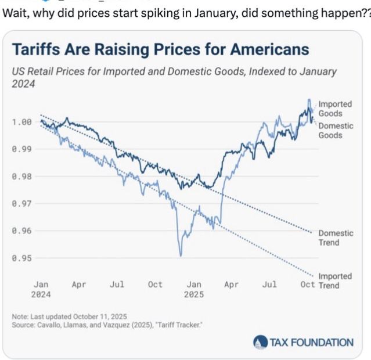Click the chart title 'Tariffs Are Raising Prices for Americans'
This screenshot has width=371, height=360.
click(x=160, y=49)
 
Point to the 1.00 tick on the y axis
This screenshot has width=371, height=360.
click(x=22, y=122)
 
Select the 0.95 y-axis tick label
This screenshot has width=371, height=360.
click(x=22, y=258)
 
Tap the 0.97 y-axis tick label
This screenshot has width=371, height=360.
click(x=22, y=204)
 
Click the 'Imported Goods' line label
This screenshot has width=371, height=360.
click(x=334, y=109)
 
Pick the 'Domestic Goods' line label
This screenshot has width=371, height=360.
click(x=336, y=130)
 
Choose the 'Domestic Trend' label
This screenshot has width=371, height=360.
click(x=336, y=237)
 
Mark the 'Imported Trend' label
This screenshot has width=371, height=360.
click(x=336, y=280)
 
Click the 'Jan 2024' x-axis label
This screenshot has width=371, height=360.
click(x=41, y=289)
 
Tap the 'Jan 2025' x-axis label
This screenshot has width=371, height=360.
click(x=193, y=289)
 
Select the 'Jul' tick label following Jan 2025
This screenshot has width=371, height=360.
click(x=269, y=285)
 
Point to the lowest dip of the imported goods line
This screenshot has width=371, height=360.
click(x=181, y=255)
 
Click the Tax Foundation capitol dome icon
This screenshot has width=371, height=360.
click(x=259, y=343)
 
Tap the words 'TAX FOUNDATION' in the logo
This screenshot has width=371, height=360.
click(x=311, y=343)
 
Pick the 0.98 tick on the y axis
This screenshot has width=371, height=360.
click(x=22, y=177)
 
